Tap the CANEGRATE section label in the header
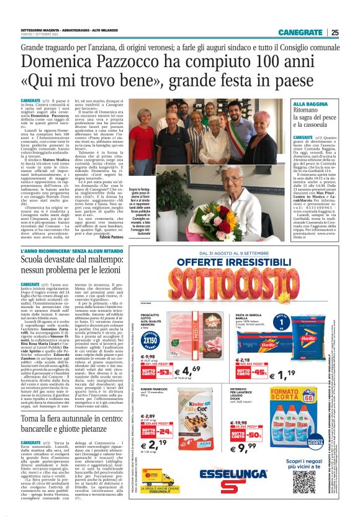click(x=300, y=32)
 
